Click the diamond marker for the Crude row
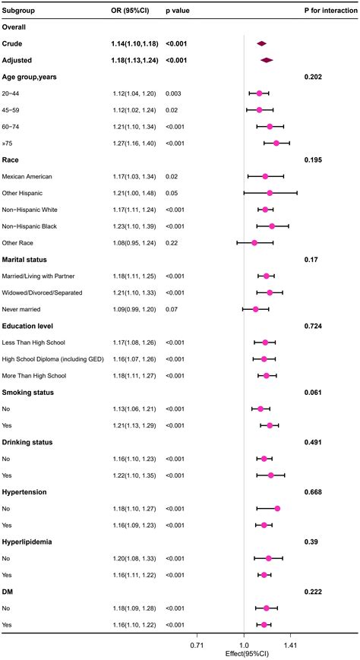coord(262,44)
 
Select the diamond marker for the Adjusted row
coord(267,60)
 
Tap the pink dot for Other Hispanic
coord(270,193)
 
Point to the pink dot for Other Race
coord(254,243)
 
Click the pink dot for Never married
coord(255,309)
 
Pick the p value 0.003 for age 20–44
coord(175,93)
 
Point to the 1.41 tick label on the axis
coord(290,645)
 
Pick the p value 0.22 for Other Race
coord(172,243)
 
